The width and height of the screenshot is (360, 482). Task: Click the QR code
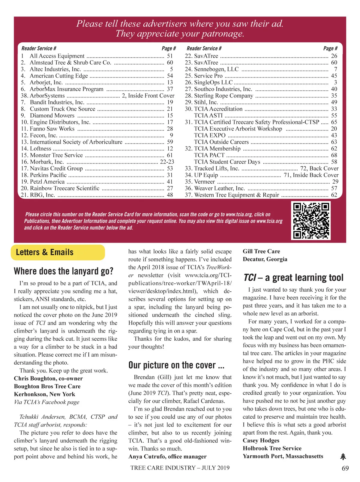(x=311, y=221)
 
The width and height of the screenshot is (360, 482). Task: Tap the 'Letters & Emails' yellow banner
(x=58, y=252)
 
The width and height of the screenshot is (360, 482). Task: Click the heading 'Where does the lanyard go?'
(x=64, y=271)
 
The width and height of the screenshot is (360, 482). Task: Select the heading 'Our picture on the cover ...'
(x=176, y=365)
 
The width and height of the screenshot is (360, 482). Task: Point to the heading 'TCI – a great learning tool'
(x=293, y=278)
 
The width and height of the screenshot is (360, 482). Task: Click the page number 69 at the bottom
(x=345, y=468)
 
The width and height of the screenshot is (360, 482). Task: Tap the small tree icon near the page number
(x=343, y=457)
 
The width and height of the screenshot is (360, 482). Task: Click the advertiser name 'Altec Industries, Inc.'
(x=55, y=69)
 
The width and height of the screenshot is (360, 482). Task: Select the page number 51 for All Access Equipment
(x=170, y=56)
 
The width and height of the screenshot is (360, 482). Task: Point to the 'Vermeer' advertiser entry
(x=204, y=182)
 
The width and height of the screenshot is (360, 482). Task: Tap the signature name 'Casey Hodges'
(x=261, y=440)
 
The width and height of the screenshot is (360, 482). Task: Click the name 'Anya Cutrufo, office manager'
(x=167, y=456)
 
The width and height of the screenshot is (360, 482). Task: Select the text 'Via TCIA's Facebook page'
(x=46, y=402)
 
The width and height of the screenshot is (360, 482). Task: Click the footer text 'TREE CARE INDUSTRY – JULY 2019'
(x=180, y=468)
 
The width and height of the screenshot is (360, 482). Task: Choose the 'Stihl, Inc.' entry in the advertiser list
(x=206, y=102)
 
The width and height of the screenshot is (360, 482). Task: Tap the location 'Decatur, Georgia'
(x=265, y=259)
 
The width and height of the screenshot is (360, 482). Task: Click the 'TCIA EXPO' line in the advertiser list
(x=210, y=135)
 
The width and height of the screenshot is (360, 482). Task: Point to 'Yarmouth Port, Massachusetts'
(x=283, y=456)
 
